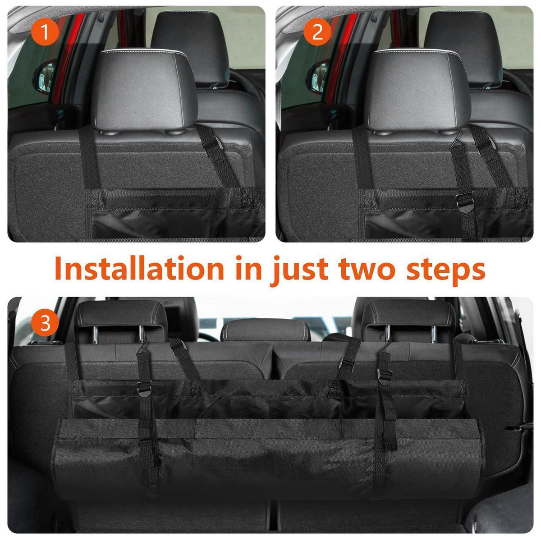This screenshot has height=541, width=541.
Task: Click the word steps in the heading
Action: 446,271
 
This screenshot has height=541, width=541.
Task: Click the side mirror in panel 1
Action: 44,76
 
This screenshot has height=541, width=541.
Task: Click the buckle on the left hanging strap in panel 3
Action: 144,388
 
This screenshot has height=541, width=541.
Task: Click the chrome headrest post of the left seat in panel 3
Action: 96,335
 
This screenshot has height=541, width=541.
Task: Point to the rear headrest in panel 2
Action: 463,48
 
